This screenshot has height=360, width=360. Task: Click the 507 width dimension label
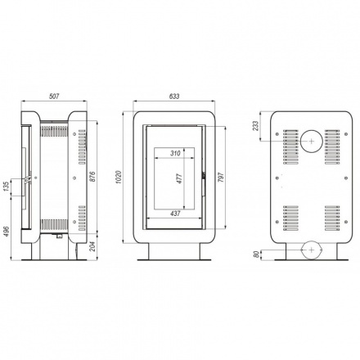coord(54,97)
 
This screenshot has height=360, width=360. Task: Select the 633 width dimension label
coord(174,97)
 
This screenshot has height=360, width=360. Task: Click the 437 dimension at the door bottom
coord(175,214)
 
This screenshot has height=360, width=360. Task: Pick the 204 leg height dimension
coord(92,245)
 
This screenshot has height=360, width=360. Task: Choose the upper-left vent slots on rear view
coord(291,145)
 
